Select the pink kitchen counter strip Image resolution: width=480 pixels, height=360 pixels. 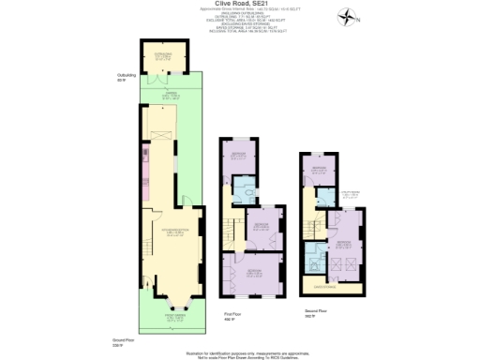[x=145, y=164]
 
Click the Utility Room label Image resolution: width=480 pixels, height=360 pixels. [x=347, y=195]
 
